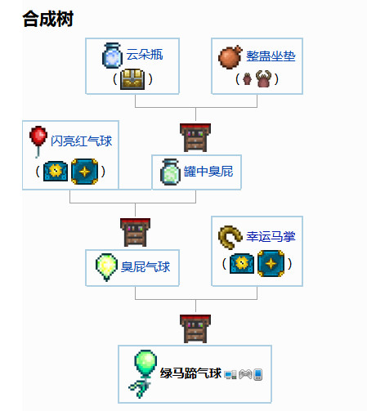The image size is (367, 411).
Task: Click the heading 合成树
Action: click(x=48, y=19)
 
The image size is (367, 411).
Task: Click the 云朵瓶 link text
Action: click(x=145, y=55)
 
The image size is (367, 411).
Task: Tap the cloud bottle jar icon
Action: click(x=112, y=56)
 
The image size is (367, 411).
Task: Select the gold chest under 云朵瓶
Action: click(x=132, y=79)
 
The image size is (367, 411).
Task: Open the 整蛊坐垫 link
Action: click(x=271, y=56)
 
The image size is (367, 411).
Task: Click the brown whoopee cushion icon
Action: click(x=230, y=56)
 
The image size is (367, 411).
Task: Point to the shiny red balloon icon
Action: click(x=38, y=141)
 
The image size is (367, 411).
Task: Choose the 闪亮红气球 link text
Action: click(x=82, y=141)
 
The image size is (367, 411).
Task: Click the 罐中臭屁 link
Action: click(x=208, y=172)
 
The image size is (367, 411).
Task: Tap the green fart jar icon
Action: click(x=170, y=172)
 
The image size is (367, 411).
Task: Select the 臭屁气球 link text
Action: click(x=145, y=266)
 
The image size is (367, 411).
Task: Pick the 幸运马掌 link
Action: click(x=271, y=236)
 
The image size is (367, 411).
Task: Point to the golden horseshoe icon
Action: click(x=229, y=237)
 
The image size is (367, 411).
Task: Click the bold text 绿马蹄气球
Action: click(x=190, y=373)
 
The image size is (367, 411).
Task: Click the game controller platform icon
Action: click(x=245, y=374)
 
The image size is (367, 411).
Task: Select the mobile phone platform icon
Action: click(x=257, y=374)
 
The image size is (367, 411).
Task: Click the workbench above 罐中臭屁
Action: click(x=195, y=137)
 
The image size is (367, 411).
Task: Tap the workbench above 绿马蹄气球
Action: click(x=195, y=328)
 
